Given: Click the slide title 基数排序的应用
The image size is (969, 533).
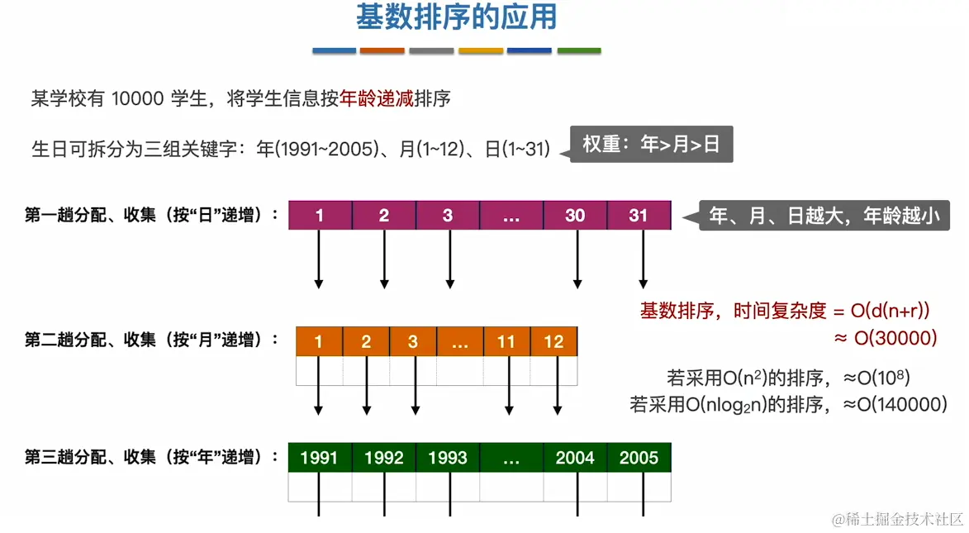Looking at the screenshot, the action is coord(456,18).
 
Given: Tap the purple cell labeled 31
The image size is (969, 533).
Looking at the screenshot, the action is coord(639,216).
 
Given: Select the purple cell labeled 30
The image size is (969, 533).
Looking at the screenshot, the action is coord(575,216).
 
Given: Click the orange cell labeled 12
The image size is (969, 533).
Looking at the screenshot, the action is coord(553,342).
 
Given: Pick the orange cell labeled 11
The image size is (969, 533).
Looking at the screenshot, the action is coord(506,342).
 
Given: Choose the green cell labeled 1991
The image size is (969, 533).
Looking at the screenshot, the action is coord(319,458).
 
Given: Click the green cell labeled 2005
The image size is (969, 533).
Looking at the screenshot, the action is coord(639,458).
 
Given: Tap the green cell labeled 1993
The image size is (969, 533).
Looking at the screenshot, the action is coord(447,458).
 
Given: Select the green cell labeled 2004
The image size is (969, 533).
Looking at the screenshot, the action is coord(575,458).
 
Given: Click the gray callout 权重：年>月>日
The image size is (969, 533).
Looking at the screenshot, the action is coord(651,145).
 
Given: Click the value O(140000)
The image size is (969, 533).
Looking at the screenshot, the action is coord(895,404).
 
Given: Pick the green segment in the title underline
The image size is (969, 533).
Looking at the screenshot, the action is coord(578,51).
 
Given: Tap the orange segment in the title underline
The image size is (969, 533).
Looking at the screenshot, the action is coord(382,51).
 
